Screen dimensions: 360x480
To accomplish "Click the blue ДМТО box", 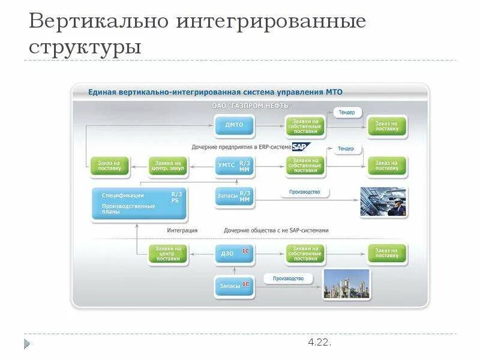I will (x=234, y=125).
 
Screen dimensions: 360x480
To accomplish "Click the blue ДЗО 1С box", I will (x=234, y=253).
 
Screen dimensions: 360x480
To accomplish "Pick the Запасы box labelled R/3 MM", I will (x=234, y=197).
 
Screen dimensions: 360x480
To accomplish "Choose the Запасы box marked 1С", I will (x=234, y=286).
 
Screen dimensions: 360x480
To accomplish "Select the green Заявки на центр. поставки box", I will (x=168, y=254).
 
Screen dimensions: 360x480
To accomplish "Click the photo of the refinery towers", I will (x=347, y=283).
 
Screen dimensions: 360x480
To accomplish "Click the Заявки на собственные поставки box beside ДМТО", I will (x=305, y=125).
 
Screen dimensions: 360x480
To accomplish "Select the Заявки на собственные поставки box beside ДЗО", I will (x=305, y=253).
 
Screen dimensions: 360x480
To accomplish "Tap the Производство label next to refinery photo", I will (x=288, y=278).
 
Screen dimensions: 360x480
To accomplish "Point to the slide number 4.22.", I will (x=319, y=343).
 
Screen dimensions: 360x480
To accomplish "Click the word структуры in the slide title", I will (x=85, y=46).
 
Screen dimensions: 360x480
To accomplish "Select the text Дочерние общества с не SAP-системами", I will (x=276, y=230).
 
